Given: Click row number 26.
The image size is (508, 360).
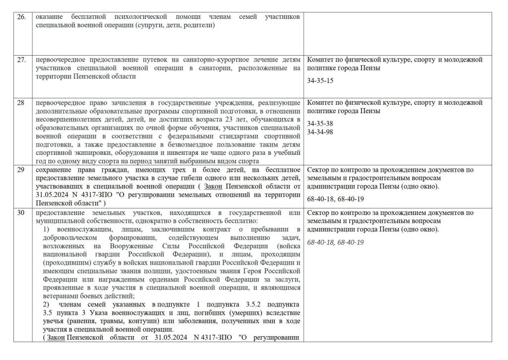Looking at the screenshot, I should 21,17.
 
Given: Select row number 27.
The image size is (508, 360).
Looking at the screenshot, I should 21,60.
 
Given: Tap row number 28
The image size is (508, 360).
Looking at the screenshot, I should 20,103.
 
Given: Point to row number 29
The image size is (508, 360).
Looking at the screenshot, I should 20,170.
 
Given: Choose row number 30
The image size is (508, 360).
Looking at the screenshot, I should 20,213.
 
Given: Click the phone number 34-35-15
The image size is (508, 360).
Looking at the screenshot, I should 320,80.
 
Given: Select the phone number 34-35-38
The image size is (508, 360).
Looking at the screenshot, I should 320,123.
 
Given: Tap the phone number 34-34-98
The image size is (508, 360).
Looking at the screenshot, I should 320,132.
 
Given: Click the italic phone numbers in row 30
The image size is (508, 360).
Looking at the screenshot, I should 335,242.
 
